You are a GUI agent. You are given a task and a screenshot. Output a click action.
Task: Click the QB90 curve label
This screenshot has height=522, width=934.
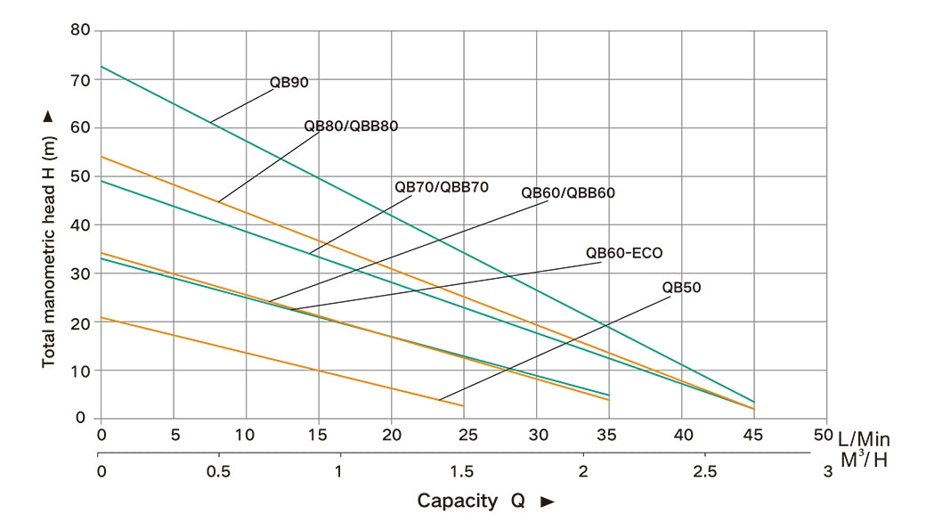point(288,83)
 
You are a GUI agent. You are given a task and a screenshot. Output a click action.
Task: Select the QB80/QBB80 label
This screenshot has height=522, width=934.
point(351,126)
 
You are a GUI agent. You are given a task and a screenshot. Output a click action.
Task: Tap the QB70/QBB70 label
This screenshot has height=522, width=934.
point(442,187)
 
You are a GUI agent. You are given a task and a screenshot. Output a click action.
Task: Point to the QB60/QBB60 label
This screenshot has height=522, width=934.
point(568,192)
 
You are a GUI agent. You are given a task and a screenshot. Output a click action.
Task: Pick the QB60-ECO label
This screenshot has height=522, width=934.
point(624,253)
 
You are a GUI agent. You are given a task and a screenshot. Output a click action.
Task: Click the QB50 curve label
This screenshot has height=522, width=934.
point(682,288)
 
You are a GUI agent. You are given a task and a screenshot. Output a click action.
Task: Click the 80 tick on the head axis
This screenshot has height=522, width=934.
point(82,31)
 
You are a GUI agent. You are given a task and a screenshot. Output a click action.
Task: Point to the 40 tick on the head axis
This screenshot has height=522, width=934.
point(82,224)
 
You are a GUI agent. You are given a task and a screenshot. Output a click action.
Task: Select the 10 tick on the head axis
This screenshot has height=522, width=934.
point(82,370)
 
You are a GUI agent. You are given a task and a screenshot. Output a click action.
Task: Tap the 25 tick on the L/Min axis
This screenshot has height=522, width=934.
point(465,436)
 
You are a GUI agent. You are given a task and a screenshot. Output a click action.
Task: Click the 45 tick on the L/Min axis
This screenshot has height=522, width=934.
point(754,436)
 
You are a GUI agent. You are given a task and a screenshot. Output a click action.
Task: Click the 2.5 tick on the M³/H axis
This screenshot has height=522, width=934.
point(705,469)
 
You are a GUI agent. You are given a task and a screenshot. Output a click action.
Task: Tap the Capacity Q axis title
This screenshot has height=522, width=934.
point(470,501)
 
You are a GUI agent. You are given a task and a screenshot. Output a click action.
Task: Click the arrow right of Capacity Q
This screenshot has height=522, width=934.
point(548,502)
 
